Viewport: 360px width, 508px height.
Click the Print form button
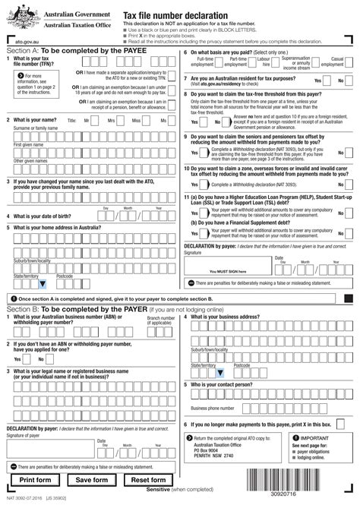[x=36, y=480]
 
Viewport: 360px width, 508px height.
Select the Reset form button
[x=149, y=480]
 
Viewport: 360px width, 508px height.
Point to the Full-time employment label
[x=204, y=62]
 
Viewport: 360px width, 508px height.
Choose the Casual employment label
[x=337, y=62]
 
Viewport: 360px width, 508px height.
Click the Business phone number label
[x=212, y=408]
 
